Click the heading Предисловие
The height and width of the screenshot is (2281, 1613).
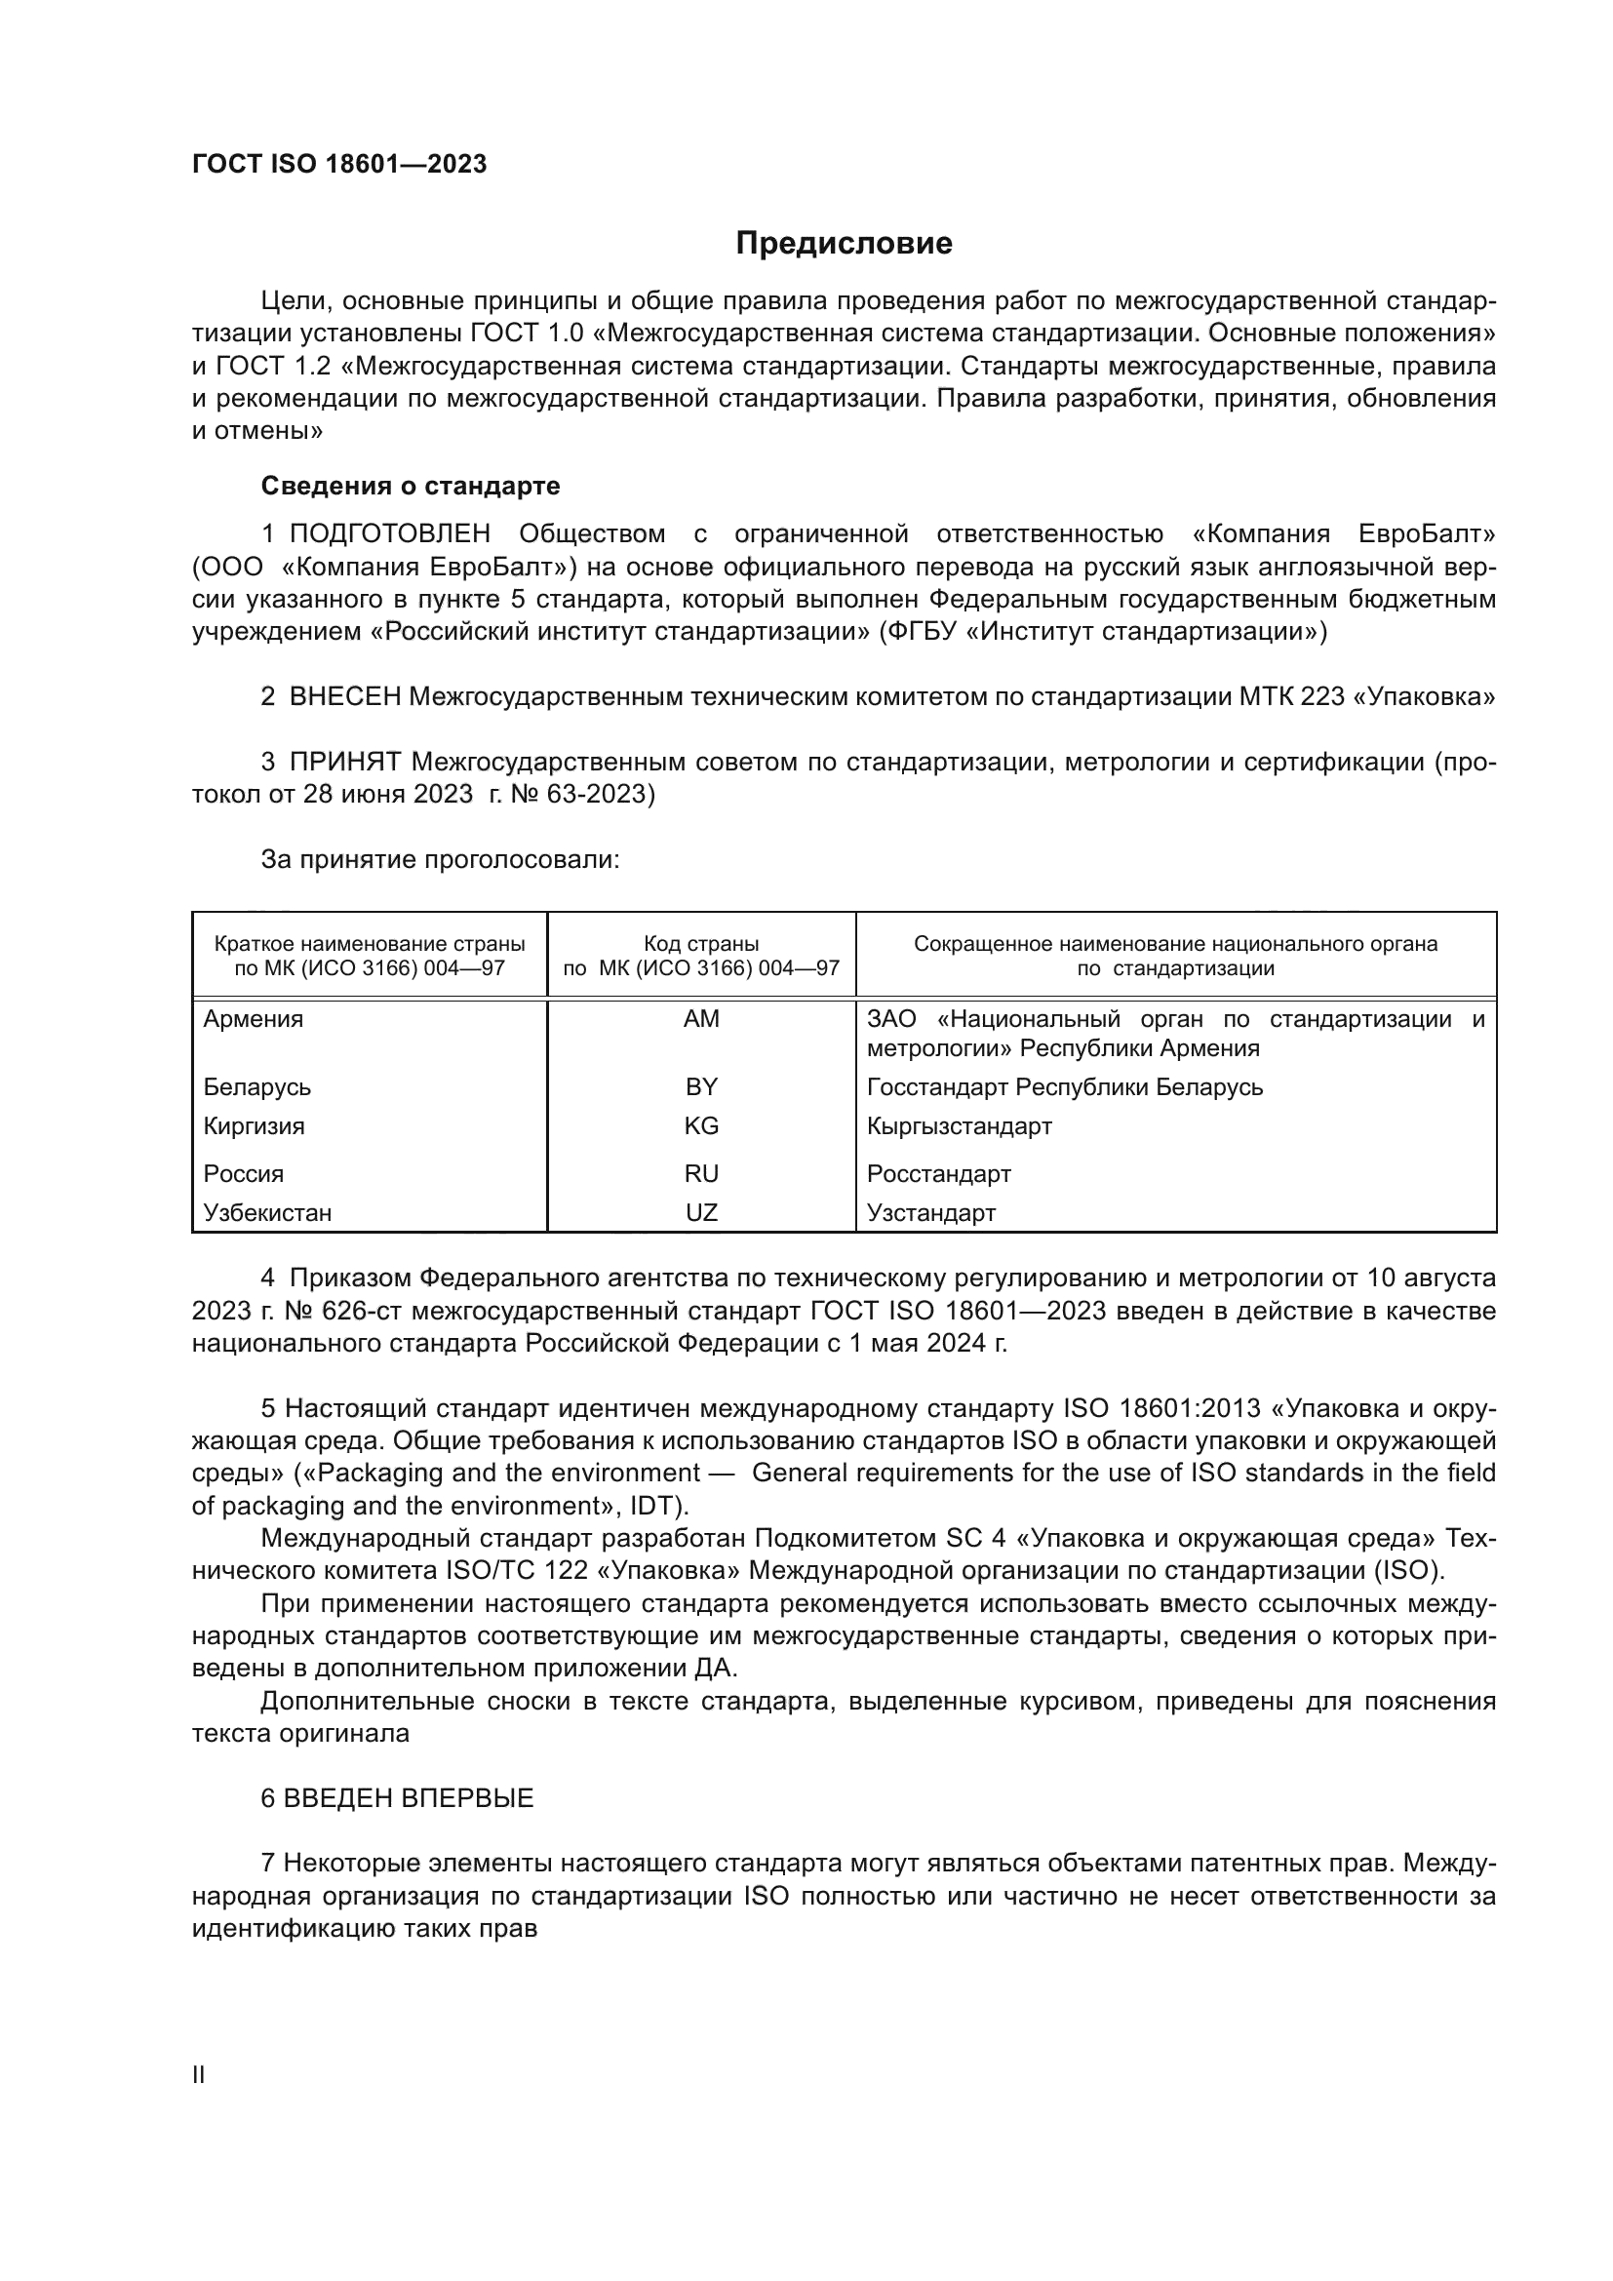(844, 244)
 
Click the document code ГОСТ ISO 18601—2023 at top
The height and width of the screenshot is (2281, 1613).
(338, 165)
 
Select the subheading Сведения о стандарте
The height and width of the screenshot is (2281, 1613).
(410, 486)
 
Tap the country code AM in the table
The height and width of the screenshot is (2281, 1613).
(700, 1019)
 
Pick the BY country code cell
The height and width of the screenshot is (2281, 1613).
(700, 1086)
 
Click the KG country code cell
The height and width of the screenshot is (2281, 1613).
(700, 1126)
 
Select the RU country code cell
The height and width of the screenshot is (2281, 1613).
(700, 1174)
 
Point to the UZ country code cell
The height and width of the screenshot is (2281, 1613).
(700, 1213)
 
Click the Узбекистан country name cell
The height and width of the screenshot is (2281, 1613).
(267, 1213)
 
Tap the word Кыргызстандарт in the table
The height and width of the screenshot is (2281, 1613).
(959, 1126)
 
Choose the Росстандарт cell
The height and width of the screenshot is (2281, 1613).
(938, 1174)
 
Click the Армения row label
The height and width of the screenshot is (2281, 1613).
(254, 1019)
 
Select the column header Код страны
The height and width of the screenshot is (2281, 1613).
(700, 944)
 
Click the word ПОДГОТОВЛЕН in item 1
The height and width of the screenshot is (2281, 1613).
(389, 534)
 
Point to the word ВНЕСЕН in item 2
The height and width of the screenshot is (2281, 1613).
(344, 697)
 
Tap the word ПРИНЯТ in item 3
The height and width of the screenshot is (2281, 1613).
(344, 763)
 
